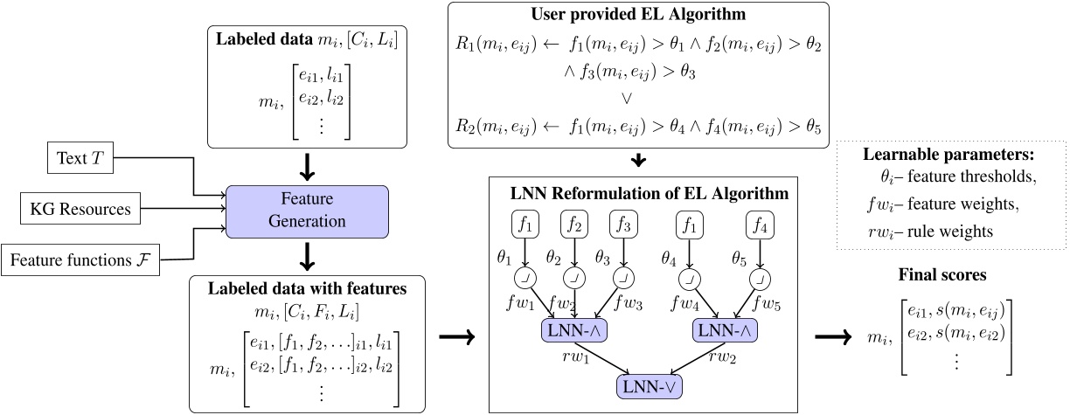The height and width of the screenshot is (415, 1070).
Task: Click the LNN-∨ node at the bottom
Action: pos(648,385)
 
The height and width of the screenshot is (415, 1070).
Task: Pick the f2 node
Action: pos(574,226)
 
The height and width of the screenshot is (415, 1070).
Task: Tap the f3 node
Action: pos(623,226)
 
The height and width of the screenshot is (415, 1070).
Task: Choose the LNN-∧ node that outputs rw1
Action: pos(574,330)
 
